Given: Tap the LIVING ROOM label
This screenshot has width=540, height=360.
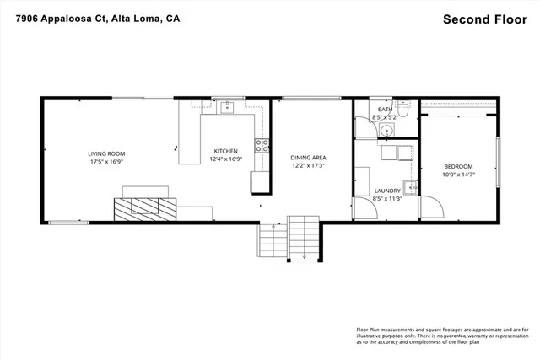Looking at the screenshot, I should point(106,153).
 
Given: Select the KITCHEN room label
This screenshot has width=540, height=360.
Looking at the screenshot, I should point(225,150).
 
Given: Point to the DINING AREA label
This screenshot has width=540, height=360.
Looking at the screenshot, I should point(308,158).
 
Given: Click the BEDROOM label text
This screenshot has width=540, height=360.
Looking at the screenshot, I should point(458,166).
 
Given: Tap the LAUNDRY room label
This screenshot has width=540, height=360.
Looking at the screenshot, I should point(387,191).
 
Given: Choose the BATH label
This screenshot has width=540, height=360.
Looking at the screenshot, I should point(385,110).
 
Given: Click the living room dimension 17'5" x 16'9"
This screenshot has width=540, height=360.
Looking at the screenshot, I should point(106,162).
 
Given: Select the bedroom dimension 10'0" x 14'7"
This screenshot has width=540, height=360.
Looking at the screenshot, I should point(458,175).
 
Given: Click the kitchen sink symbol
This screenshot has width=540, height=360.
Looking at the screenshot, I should point(226,107).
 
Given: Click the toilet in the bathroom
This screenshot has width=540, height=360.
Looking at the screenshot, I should point(403,109).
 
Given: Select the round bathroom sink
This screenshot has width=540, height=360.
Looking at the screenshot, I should point(386,130).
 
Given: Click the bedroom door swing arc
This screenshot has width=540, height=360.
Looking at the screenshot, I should point(430,207).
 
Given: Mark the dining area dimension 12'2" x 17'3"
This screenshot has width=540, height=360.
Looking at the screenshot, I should point(308,166).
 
